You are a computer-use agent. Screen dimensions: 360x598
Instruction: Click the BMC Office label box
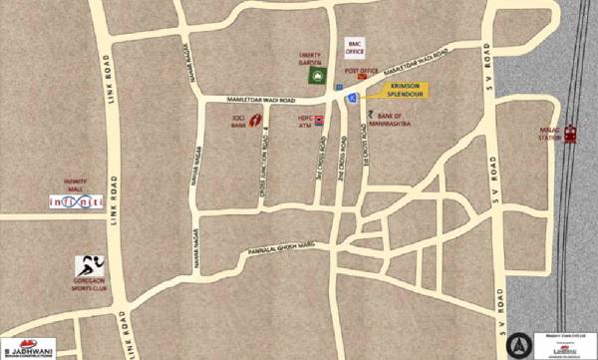tap(353, 47)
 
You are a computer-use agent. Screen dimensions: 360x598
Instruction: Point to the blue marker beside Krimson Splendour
tap(351, 98)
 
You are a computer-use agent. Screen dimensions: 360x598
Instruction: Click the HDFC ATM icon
tap(319, 120)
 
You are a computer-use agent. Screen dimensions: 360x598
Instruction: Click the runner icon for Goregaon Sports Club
tap(86, 266)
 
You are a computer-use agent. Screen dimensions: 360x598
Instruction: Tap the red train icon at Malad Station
tap(570, 134)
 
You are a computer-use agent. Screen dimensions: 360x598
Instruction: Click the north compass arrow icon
tap(515, 344)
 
